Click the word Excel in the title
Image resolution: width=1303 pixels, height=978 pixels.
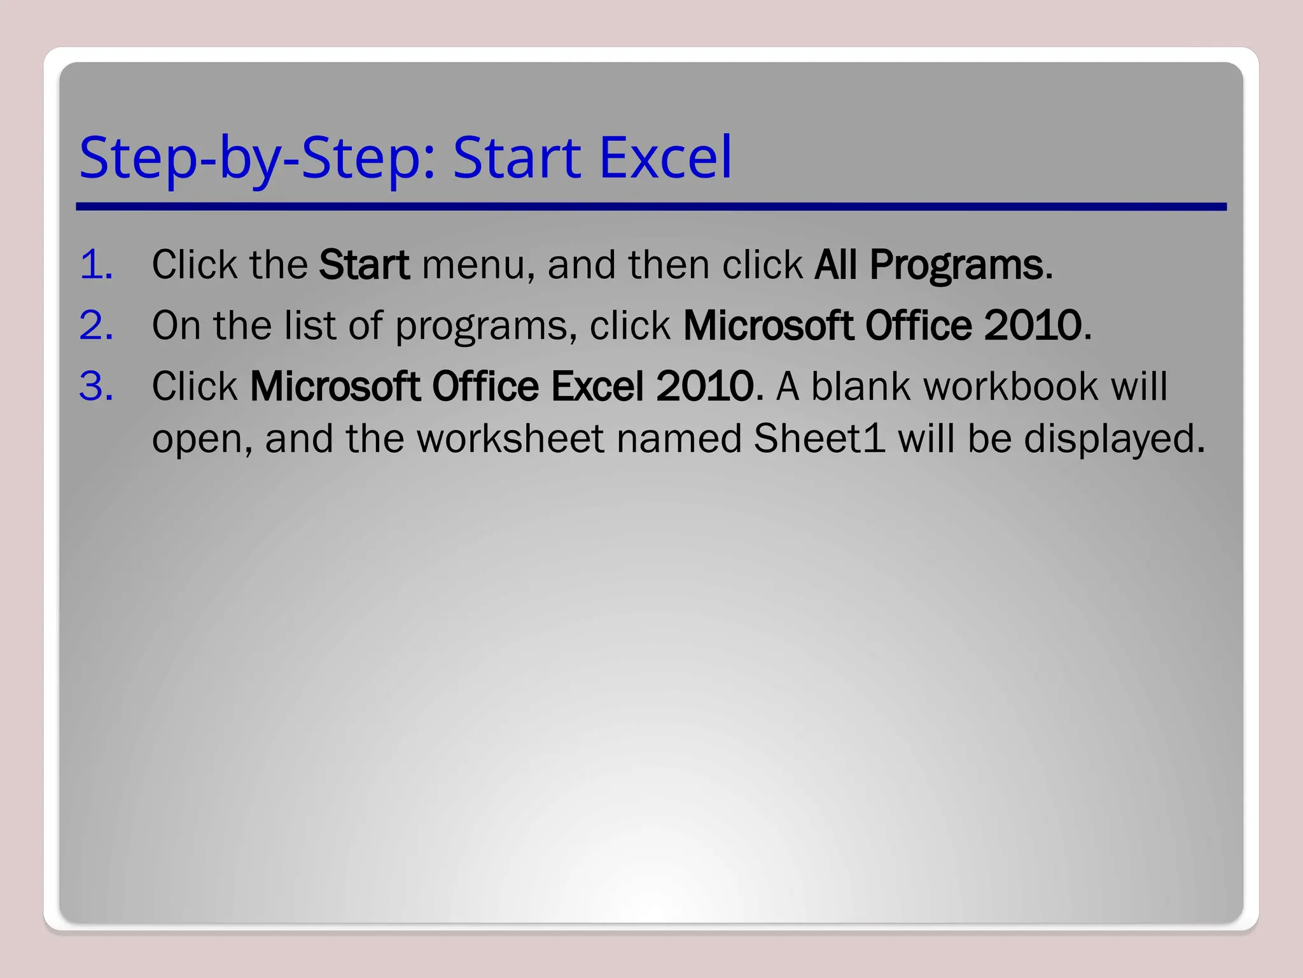[665, 157]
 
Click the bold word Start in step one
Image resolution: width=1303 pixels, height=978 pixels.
[364, 264]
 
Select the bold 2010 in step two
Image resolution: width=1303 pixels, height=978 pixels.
[1032, 325]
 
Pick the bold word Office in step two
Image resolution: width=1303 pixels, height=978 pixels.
[918, 325]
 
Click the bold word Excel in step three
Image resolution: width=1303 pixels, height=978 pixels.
[597, 386]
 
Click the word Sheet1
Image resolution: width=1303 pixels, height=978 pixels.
[819, 439]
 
